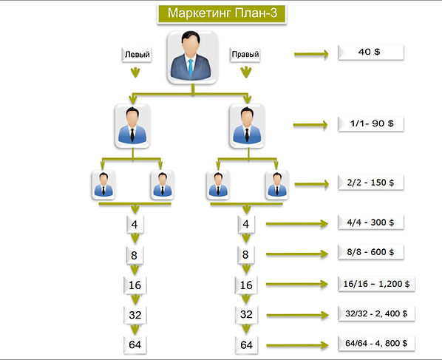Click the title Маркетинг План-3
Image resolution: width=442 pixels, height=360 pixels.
(x=222, y=13)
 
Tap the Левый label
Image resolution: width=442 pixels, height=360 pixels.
(x=137, y=55)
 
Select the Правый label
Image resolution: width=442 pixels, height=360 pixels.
(x=245, y=54)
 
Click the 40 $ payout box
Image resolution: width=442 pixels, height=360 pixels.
(x=371, y=52)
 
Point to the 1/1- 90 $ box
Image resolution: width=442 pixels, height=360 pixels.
(x=371, y=123)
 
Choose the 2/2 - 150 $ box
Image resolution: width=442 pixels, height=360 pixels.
(x=371, y=183)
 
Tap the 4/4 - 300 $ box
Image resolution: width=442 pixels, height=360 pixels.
(x=371, y=223)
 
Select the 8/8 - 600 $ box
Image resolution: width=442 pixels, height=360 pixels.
(x=371, y=252)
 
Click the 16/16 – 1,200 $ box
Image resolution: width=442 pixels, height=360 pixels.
(x=376, y=284)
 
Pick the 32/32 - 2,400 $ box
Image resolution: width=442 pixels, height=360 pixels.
(x=376, y=313)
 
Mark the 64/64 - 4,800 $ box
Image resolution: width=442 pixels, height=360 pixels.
(x=376, y=343)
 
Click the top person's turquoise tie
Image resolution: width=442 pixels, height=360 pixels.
(x=191, y=67)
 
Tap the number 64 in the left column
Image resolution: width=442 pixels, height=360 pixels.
(x=135, y=344)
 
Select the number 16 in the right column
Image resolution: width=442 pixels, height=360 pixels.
(x=246, y=285)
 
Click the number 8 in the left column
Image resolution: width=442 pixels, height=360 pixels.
(x=135, y=256)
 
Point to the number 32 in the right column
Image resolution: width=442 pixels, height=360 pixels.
(x=246, y=315)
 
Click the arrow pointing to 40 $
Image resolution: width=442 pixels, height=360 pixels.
(x=311, y=54)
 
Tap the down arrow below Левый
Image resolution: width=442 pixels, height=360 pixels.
(x=135, y=72)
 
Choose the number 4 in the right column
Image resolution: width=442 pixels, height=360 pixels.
(x=246, y=225)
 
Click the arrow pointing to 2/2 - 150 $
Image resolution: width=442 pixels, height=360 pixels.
(x=312, y=184)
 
